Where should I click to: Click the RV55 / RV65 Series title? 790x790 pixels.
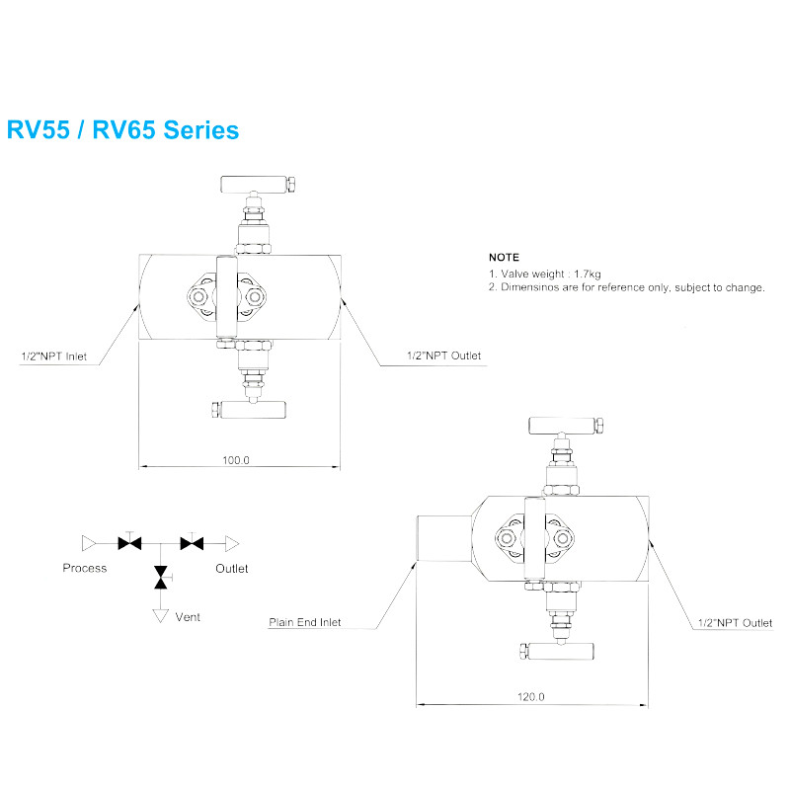[x=122, y=129]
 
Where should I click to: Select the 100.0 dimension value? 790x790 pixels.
[x=236, y=459]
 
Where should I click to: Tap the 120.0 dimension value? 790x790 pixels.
[x=530, y=697]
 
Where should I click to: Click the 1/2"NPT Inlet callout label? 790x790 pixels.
[x=54, y=355]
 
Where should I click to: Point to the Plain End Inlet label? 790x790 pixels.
[x=305, y=622]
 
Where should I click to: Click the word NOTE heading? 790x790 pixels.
[x=504, y=257]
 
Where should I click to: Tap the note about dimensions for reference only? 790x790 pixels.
[x=626, y=287]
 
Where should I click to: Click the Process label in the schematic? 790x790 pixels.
[x=85, y=568]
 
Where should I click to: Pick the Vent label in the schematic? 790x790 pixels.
[x=188, y=617]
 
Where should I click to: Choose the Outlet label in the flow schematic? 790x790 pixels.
[x=232, y=568]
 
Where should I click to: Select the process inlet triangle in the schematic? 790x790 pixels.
[x=89, y=541]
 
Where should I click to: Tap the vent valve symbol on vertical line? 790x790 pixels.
[x=160, y=578]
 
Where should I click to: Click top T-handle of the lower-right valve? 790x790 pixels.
[x=565, y=426]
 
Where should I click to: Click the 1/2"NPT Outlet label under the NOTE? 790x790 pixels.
[x=444, y=355]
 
